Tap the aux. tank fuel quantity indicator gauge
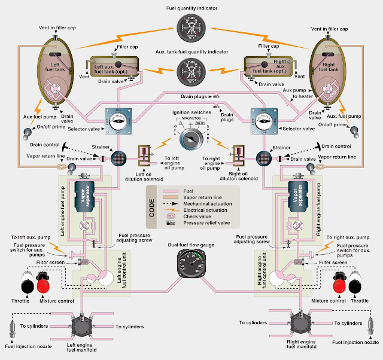click(192, 71)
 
